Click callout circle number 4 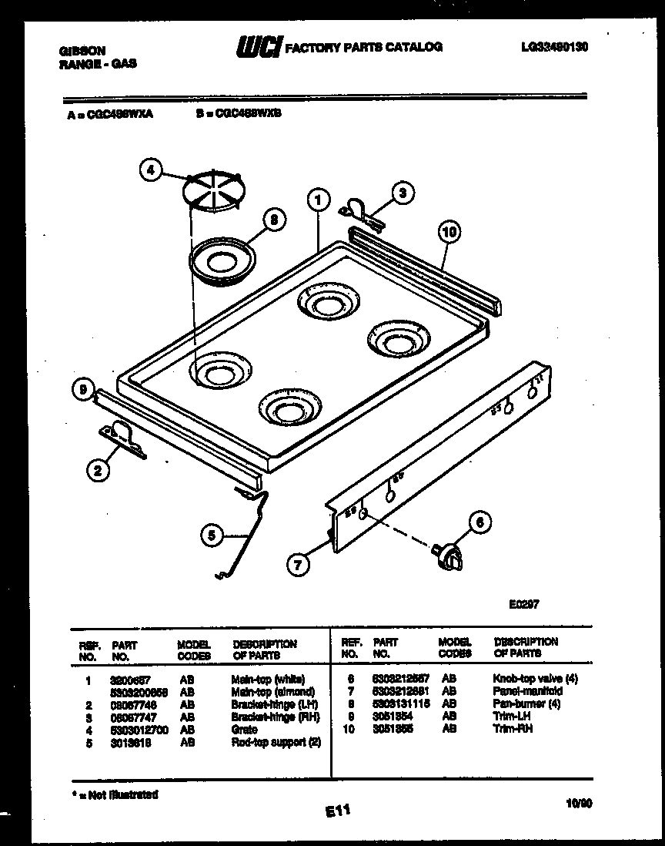coord(152,170)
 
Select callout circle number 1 coord(316,200)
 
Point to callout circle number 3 coord(399,193)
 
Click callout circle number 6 coord(479,523)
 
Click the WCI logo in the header coord(259,47)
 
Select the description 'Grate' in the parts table coord(244,729)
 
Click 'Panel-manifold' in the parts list coord(527,691)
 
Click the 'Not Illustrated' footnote coord(118,794)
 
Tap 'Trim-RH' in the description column coord(512,729)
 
